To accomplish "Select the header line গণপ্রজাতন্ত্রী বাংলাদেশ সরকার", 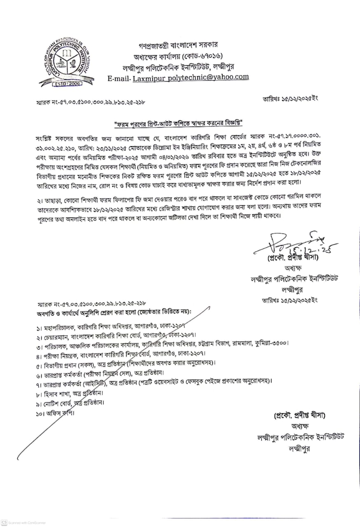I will [178, 45].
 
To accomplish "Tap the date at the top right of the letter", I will [290, 99].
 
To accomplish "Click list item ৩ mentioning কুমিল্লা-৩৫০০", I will [162, 343].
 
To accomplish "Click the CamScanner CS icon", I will [4, 521].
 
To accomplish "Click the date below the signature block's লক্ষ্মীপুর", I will [290, 300].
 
